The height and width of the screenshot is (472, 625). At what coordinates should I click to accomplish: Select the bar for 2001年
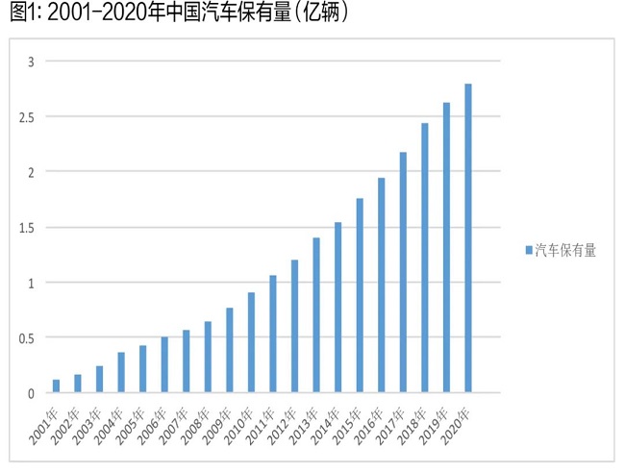(57, 385)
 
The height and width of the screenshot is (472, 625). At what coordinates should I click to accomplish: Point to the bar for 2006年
(164, 364)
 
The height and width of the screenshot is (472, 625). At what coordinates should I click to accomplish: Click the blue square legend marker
(528, 250)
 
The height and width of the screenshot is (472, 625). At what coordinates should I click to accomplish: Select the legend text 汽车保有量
(566, 250)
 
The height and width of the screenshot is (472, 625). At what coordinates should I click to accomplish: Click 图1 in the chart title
(21, 13)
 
